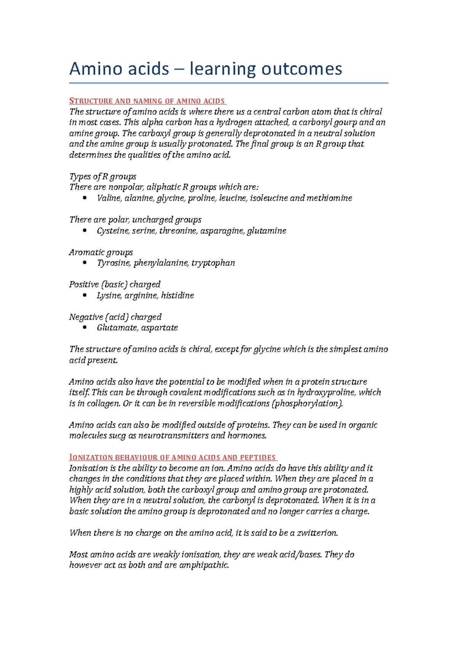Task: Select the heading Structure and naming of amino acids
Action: click(x=148, y=101)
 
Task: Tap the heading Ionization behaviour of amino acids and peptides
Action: click(x=173, y=457)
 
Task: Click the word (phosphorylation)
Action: click(x=307, y=404)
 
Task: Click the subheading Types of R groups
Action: click(x=102, y=176)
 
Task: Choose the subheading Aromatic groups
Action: click(x=101, y=252)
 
